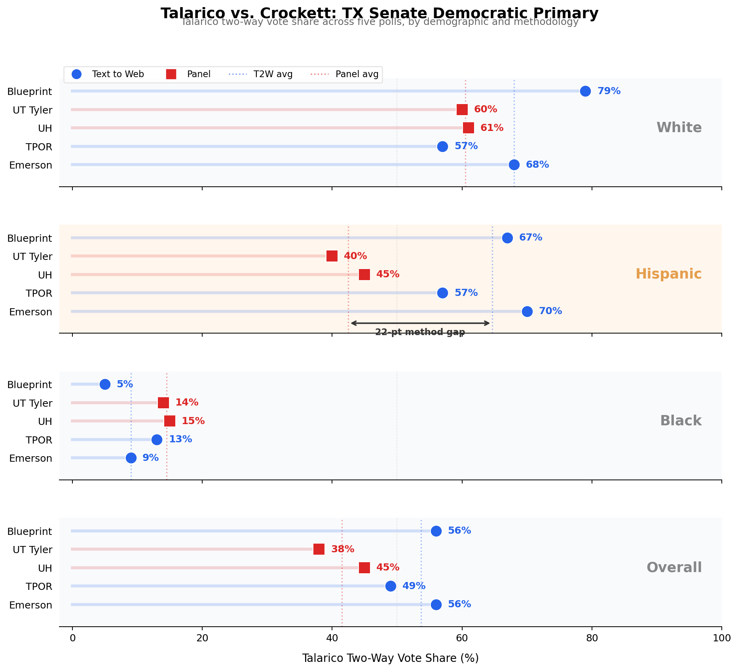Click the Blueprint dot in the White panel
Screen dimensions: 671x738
pos(585,91)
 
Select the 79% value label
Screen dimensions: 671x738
pos(609,91)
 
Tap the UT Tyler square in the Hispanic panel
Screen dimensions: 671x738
pos(332,256)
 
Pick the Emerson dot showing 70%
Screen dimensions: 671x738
pos(527,311)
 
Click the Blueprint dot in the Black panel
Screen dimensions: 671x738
pos(105,384)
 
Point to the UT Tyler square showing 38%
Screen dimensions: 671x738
pos(319,549)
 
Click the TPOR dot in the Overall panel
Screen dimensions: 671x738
pos(391,586)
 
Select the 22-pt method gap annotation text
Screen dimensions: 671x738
pos(420,332)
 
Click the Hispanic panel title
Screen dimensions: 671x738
pos(668,274)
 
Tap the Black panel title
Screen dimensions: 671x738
pos(681,421)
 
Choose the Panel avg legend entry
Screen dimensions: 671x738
pos(357,74)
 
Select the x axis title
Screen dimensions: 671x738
pos(390,658)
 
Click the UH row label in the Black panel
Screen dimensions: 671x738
pos(45,421)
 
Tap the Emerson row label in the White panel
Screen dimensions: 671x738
pos(30,165)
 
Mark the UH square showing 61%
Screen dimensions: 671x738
pos(469,128)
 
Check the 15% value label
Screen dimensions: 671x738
pos(193,421)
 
